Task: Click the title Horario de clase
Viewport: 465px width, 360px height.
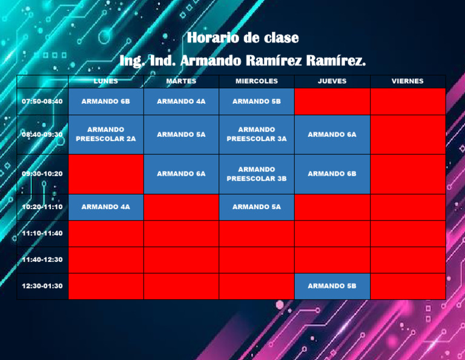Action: [242, 38]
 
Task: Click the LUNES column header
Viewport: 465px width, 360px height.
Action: [106, 81]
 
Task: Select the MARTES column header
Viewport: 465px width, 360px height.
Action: [181, 81]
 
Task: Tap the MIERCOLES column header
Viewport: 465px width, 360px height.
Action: [257, 81]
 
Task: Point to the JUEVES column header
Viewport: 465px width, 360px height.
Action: [332, 81]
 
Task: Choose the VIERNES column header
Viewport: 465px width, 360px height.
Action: [407, 81]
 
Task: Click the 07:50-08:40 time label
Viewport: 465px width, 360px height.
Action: [42, 101]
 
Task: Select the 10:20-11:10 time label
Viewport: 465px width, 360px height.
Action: [42, 207]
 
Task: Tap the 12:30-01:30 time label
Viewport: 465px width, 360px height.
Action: [42, 286]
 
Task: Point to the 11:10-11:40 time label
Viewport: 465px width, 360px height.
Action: [42, 233]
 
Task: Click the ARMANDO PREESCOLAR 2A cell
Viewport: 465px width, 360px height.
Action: [106, 134]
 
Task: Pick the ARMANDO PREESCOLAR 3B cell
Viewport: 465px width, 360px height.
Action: [257, 174]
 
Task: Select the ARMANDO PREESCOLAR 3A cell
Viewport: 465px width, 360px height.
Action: [257, 134]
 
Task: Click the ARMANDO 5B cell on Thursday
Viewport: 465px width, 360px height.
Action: [332, 286]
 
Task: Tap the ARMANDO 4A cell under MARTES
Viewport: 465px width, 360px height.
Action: [181, 101]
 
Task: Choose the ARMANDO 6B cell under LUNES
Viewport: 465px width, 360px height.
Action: [106, 101]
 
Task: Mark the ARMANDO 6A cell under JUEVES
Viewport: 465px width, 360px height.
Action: [332, 135]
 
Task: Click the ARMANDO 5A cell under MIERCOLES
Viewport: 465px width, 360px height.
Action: [257, 207]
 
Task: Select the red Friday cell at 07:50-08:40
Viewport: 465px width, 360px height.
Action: [407, 101]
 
